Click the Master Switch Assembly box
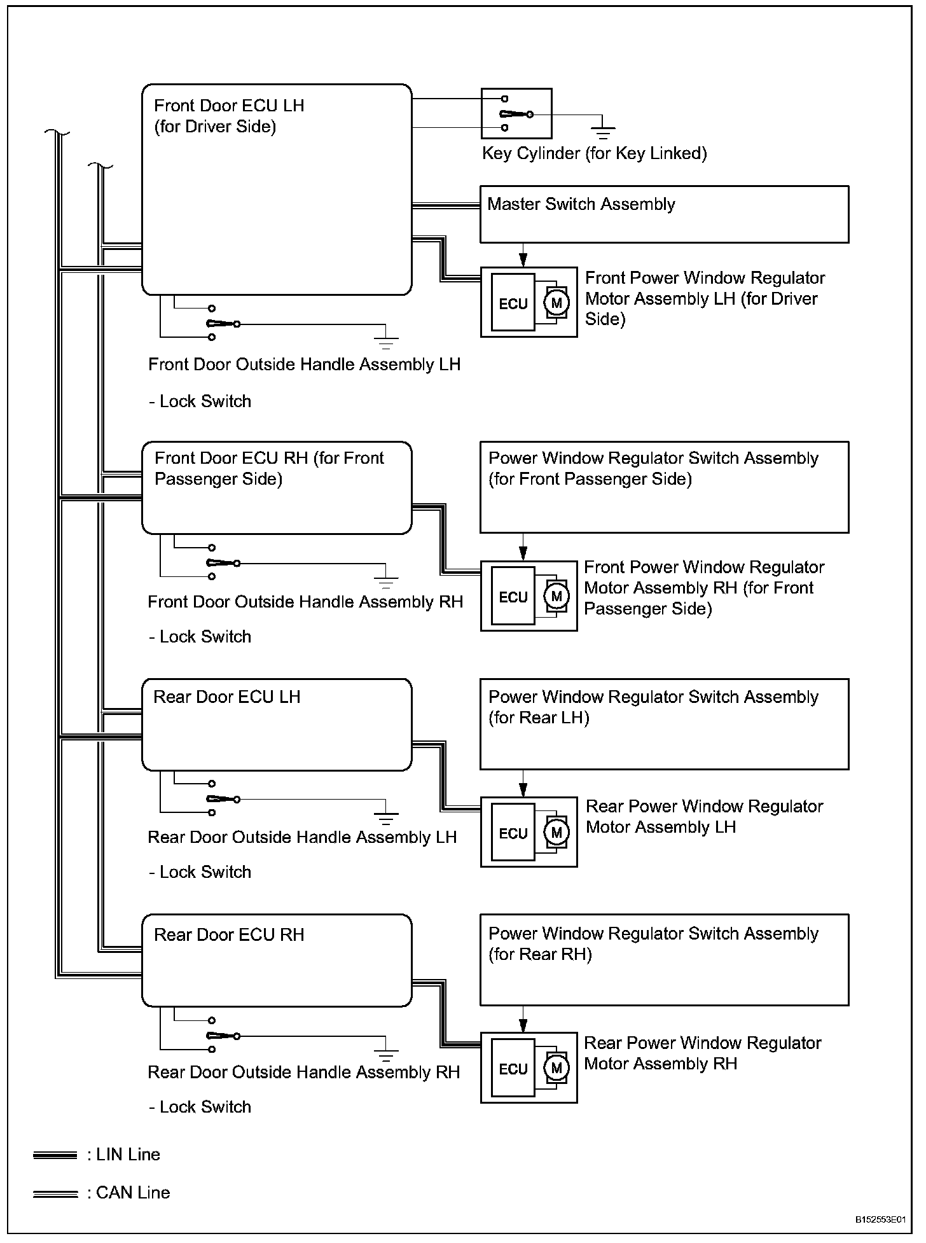664,214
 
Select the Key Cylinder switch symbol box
516,114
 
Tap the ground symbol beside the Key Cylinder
602,132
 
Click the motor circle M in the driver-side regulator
556,303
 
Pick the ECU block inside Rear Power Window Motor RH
513,1069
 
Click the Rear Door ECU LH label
227,697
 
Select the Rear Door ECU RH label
229,934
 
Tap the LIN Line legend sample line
55,1155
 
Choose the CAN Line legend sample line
55,1194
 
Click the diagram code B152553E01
880,1219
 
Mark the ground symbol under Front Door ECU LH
385,341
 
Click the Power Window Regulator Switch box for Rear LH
664,724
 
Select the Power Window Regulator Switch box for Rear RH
664,960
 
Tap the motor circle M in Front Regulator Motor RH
556,596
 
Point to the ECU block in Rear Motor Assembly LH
513,833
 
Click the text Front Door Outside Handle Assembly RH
305,602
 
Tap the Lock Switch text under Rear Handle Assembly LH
200,871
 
